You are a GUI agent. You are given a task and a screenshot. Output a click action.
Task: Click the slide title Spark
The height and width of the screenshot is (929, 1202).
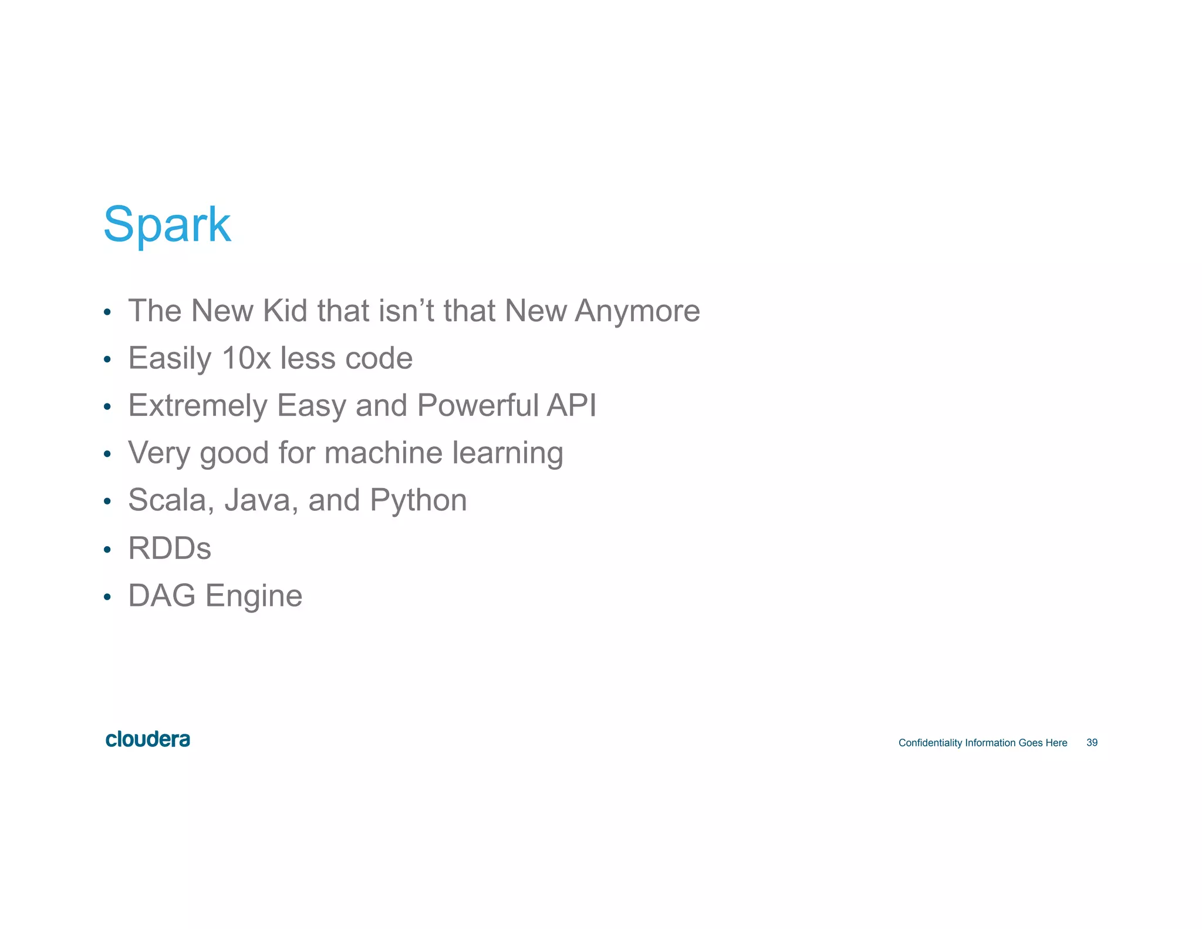(167, 224)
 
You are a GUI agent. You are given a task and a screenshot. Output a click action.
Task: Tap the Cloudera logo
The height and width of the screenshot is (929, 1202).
(148, 739)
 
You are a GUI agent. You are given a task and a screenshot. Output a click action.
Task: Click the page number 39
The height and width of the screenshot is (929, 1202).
(1092, 743)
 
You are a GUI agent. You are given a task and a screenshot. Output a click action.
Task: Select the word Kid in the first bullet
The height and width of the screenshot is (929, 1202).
(285, 311)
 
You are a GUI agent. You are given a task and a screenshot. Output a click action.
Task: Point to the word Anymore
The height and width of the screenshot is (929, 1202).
(637, 312)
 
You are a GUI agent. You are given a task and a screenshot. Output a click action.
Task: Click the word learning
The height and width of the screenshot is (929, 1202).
(507, 454)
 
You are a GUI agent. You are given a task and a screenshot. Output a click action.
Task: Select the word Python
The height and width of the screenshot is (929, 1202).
(418, 501)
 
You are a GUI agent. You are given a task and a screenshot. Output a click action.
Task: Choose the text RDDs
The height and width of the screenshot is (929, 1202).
(170, 548)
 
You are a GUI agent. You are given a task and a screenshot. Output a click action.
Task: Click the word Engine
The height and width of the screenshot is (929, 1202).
(254, 597)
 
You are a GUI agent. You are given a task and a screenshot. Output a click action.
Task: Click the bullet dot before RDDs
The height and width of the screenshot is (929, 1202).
(107, 550)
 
